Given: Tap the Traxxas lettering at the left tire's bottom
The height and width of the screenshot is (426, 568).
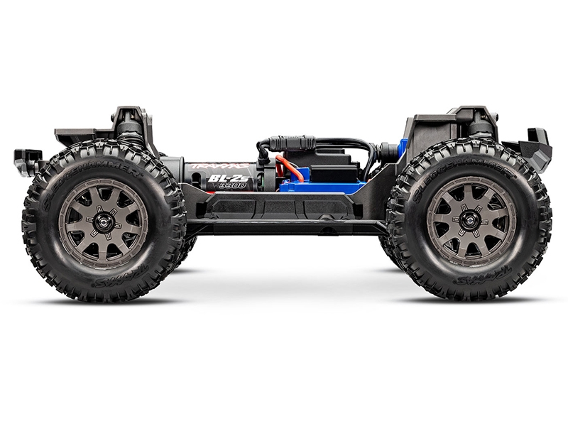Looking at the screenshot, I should point(121,288).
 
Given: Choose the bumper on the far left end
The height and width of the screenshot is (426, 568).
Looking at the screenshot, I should point(28,159).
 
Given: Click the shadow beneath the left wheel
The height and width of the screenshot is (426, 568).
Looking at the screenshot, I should point(106,302).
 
